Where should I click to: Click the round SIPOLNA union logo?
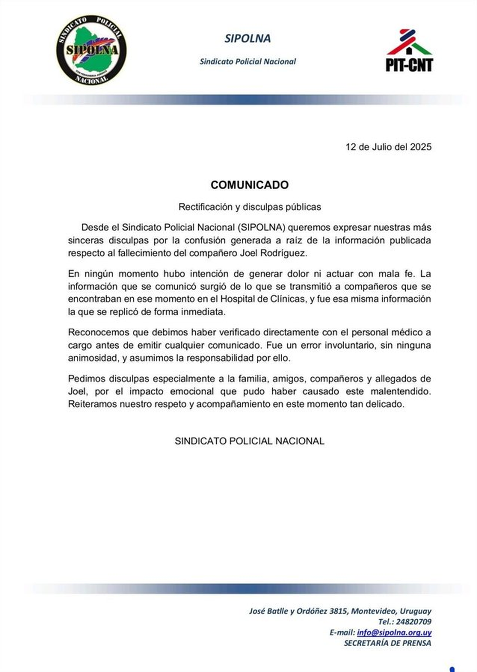point(91,50)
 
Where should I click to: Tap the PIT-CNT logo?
point(409,51)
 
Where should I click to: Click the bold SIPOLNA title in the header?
point(247,39)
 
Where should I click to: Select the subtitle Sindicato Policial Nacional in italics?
point(248,62)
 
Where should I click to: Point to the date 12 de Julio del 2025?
point(388,147)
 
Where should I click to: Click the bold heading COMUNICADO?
point(250,185)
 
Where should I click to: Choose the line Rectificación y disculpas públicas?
point(250,207)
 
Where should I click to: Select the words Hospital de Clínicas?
point(263,299)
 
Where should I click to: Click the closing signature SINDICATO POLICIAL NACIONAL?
point(250,441)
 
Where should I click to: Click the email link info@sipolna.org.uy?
point(394,633)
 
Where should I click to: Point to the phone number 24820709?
point(413,622)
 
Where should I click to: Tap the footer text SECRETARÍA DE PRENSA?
point(387,643)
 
